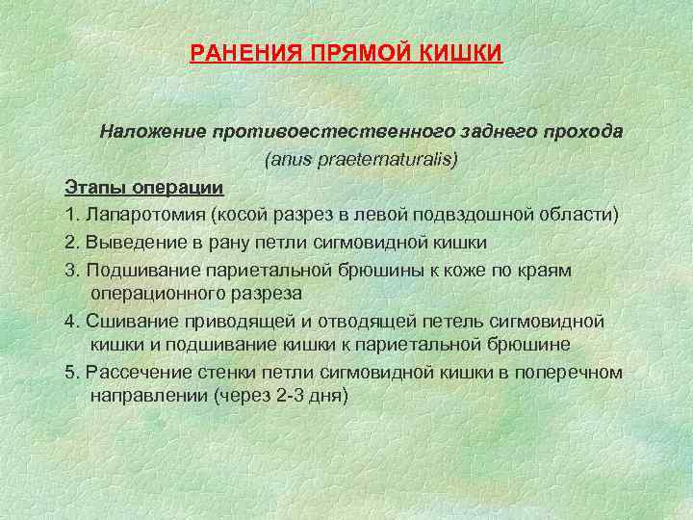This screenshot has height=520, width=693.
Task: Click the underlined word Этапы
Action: click(x=93, y=186)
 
